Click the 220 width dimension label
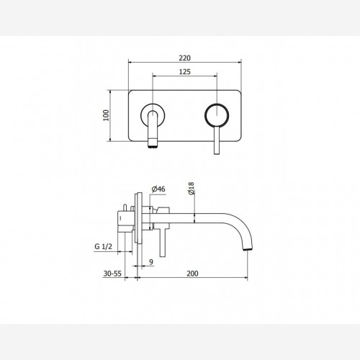coord(185,58)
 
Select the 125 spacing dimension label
coord(185,72)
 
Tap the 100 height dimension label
coord(106,115)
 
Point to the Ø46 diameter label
coord(158,189)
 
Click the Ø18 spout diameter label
coord(192,189)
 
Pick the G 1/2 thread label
coord(104,246)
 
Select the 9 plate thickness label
coord(151,262)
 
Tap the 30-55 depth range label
coord(112,274)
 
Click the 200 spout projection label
coord(192,274)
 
